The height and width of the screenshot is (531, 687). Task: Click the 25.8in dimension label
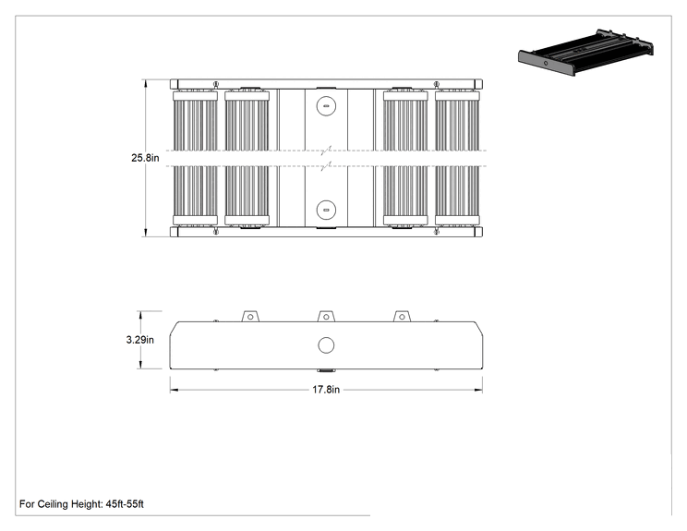(x=145, y=158)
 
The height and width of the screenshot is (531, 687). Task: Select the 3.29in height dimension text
(x=139, y=340)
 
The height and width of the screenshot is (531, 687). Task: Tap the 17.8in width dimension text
(x=326, y=390)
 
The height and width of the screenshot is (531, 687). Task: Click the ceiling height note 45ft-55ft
(x=81, y=504)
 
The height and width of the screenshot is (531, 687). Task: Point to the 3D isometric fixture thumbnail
(x=585, y=52)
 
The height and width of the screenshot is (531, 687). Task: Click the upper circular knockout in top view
(x=326, y=106)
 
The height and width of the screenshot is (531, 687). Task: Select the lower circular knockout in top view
(x=326, y=210)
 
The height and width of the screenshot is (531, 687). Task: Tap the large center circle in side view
(x=326, y=345)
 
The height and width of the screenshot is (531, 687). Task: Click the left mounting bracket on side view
(x=250, y=317)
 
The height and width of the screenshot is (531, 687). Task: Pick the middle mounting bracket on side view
(x=326, y=317)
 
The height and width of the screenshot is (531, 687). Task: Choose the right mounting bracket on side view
(x=402, y=317)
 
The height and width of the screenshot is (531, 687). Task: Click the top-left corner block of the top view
(x=174, y=84)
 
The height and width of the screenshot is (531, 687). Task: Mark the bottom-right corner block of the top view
(x=478, y=232)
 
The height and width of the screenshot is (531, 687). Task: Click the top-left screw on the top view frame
(x=215, y=84)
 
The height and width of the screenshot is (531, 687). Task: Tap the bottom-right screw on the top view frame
(x=437, y=232)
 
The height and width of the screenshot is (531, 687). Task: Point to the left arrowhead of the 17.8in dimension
(x=174, y=390)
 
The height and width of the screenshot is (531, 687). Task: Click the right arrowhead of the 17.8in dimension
(x=478, y=390)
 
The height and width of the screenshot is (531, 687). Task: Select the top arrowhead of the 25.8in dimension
(x=146, y=83)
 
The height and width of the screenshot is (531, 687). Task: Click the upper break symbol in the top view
(x=326, y=151)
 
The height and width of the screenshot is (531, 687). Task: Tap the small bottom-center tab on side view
(x=326, y=370)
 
